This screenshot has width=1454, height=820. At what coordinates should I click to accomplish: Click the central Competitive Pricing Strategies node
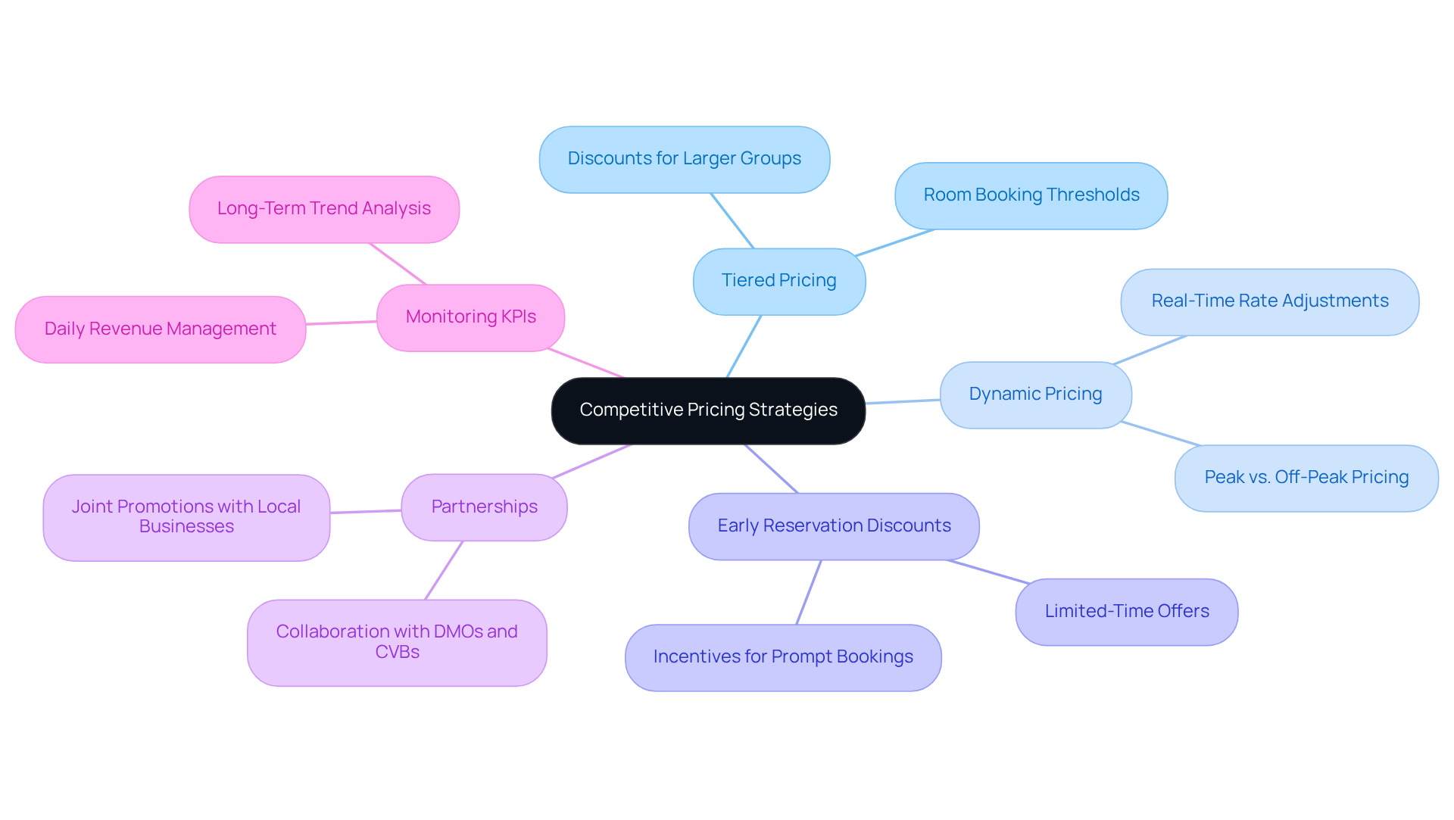708,410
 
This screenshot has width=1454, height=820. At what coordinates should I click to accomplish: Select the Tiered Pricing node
778,281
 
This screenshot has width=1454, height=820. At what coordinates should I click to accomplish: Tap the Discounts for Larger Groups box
684,159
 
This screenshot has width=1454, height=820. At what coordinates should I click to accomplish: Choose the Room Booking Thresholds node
1031,195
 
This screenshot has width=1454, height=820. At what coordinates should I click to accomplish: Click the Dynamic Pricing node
1035,394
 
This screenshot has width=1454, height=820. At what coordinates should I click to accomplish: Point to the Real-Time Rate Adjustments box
1269,301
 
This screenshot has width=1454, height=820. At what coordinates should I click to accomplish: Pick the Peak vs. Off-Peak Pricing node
1306,478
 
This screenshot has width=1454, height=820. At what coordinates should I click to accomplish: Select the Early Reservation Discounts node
834,526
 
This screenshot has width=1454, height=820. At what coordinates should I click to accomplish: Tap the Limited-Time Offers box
1126,612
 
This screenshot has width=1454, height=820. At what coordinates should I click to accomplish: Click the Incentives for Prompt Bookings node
783,657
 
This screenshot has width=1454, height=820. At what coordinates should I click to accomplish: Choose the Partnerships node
484,507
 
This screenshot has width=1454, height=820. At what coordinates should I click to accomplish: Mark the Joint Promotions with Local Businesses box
186,517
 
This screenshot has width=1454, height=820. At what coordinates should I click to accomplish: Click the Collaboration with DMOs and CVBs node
397,642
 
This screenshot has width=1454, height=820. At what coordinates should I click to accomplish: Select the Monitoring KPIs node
470,317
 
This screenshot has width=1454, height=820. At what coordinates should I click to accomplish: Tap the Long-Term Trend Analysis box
323,209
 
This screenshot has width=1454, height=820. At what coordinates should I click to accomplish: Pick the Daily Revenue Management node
160,329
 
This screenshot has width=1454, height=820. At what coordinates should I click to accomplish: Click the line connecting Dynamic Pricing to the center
903,401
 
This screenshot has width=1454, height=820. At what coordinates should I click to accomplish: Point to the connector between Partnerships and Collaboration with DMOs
444,570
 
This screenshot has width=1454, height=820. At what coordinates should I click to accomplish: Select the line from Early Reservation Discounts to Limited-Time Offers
988,572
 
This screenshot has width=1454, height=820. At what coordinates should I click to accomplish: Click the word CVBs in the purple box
397,653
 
